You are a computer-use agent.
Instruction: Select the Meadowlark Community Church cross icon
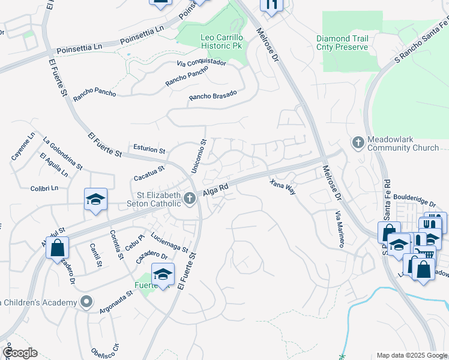(x=358, y=143)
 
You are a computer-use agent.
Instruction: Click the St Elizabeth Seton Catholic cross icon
(x=190, y=197)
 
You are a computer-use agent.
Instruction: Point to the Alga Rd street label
(x=215, y=189)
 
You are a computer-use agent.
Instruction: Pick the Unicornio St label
(x=199, y=157)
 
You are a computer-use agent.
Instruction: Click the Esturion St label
(x=149, y=149)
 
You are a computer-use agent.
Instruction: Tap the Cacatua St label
(x=149, y=173)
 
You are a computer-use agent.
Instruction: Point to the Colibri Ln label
(x=44, y=188)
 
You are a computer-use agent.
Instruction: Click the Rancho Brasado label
(x=213, y=95)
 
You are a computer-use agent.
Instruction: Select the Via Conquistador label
(x=201, y=62)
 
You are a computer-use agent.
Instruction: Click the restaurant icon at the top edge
(x=271, y=5)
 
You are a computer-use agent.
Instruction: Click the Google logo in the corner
(x=20, y=353)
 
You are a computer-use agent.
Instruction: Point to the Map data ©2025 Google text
(x=411, y=355)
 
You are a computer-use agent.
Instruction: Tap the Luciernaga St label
(x=170, y=242)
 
